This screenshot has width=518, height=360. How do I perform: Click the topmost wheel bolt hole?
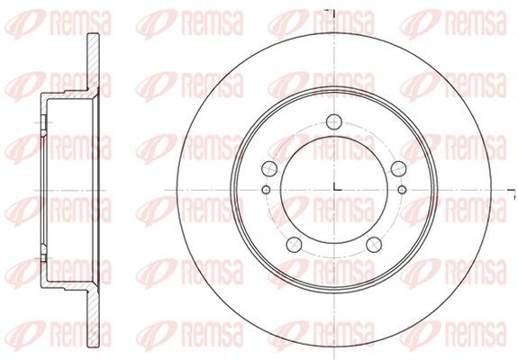333,121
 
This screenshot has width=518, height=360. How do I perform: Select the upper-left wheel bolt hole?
269,168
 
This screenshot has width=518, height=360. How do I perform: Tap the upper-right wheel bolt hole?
398,168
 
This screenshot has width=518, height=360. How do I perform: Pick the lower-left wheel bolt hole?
294,245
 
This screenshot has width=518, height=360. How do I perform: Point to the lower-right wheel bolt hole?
374,245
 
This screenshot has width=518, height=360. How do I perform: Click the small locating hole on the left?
266,190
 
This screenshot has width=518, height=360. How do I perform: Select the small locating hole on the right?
402,190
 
